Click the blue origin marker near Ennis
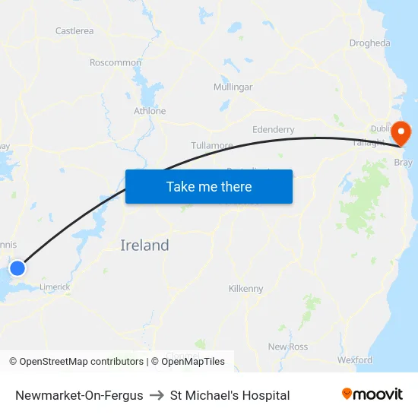17,268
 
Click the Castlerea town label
74,31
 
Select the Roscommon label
116,62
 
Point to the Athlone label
150,111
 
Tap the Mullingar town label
233,87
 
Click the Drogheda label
369,43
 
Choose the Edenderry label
273,130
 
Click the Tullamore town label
211,145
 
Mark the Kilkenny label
245,289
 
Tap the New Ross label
287,347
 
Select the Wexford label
354,359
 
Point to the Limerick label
55,287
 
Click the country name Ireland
144,245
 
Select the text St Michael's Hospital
230,395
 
